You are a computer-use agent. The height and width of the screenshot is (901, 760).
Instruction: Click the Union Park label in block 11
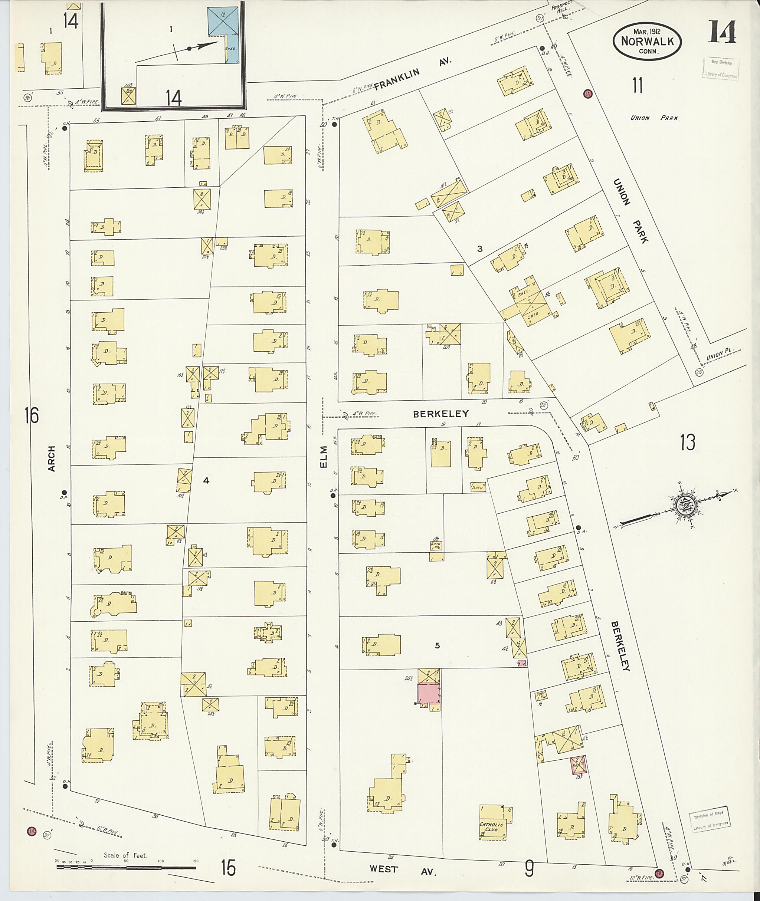click(x=655, y=118)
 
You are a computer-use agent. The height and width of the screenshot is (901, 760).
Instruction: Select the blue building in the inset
click(x=222, y=20)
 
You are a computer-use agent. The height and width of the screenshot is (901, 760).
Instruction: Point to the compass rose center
click(x=685, y=503)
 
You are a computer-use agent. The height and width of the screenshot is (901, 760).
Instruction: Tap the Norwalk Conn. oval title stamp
click(x=647, y=41)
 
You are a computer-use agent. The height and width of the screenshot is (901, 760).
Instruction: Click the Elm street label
click(x=324, y=457)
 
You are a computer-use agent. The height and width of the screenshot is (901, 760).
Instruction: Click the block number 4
click(x=206, y=480)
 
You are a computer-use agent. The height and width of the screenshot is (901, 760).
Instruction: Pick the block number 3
click(x=479, y=249)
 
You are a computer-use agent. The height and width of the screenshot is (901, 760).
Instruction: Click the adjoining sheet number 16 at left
click(x=32, y=416)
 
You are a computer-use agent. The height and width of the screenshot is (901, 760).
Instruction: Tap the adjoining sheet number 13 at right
click(x=688, y=442)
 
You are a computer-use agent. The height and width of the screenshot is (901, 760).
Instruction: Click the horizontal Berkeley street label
click(x=441, y=414)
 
